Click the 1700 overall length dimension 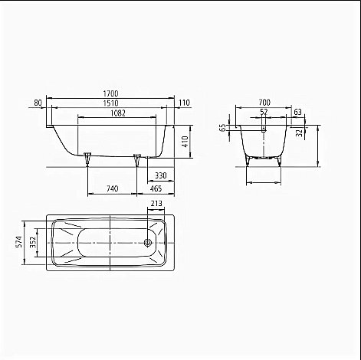[x=110, y=93]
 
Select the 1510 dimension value [x=110, y=103]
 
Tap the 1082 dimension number [x=118, y=113]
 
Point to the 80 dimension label [x=38, y=103]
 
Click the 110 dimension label [x=184, y=103]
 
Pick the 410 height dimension [x=185, y=141]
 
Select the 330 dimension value [x=161, y=175]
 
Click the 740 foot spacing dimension [x=112, y=188]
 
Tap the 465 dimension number [x=156, y=188]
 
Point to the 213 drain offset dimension [x=156, y=204]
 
